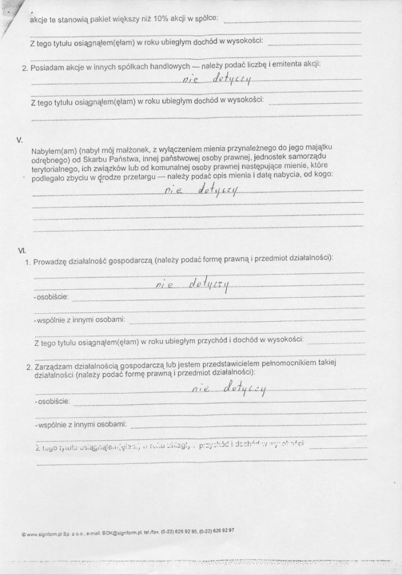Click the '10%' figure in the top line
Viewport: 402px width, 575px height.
163,19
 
